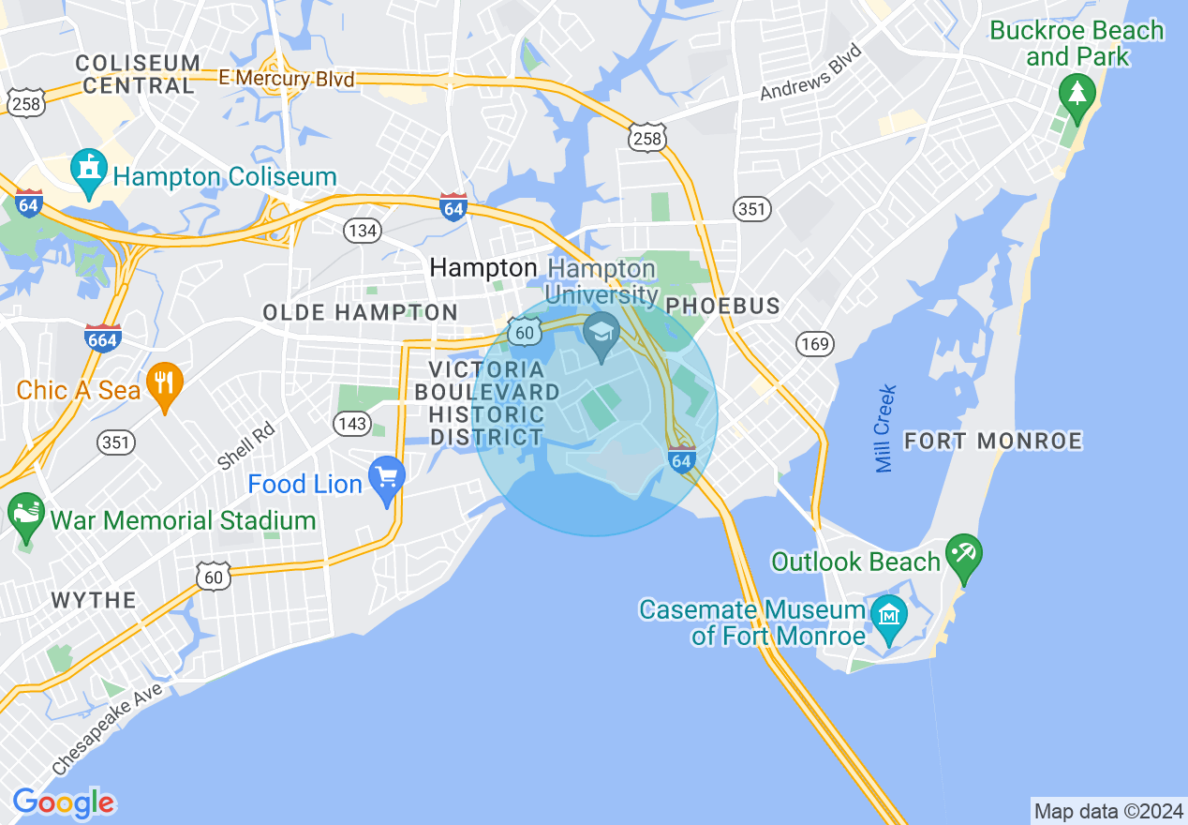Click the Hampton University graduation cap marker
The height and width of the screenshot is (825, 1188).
pos(601,331)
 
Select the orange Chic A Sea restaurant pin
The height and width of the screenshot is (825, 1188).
pos(165,383)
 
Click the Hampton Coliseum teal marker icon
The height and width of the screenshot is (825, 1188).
pos(89,171)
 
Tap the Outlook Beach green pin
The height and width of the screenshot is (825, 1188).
pos(963,554)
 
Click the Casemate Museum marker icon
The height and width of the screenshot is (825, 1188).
pos(887,615)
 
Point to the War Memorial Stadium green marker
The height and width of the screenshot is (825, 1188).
pos(26,514)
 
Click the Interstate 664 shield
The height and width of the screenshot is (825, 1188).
pos(101,338)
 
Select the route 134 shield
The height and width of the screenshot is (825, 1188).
pos(361,231)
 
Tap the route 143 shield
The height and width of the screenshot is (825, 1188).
pos(352,424)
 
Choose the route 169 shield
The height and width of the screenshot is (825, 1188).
pos(815,344)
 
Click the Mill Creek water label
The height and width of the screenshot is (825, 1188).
pos(885,428)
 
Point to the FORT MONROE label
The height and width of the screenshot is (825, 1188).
pos(993,441)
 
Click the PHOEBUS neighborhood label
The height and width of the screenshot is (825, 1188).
pos(722,307)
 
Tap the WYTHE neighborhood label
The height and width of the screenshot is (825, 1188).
pos(94,600)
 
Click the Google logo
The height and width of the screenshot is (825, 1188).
pos(64,803)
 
